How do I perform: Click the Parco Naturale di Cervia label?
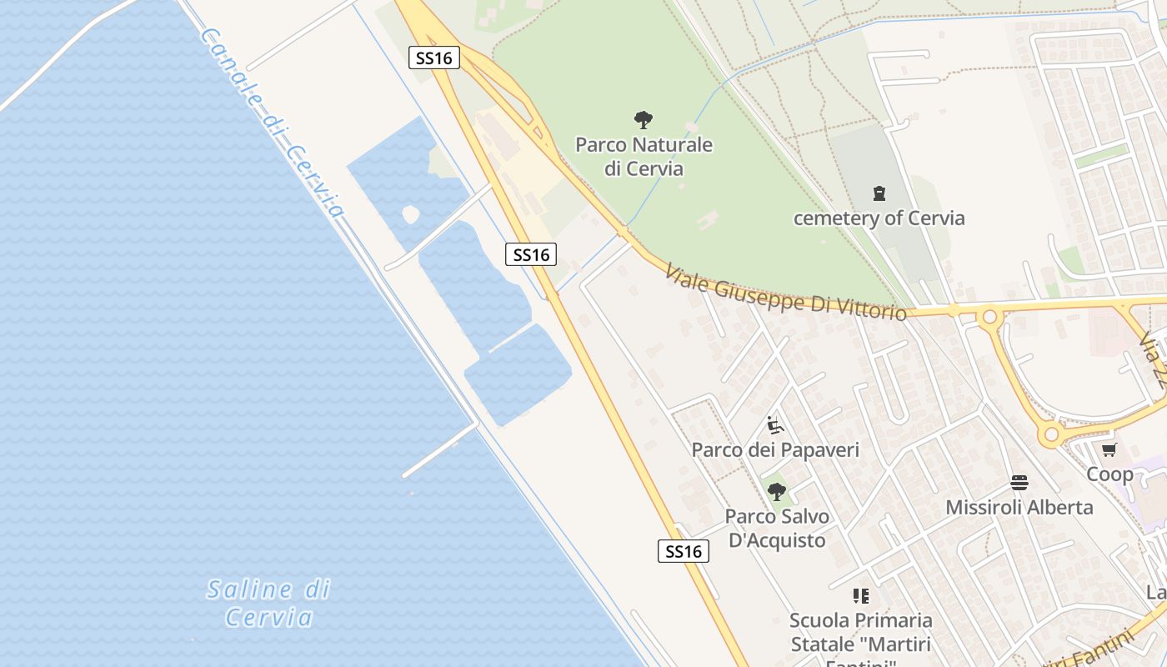tap(644, 157)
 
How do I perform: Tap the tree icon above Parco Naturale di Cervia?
tap(644, 119)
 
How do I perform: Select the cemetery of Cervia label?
tap(879, 218)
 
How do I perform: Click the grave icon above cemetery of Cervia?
tap(879, 193)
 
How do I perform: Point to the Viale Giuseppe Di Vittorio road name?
tap(785, 293)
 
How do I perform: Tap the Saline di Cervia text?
tap(268, 603)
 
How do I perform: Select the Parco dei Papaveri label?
tap(775, 450)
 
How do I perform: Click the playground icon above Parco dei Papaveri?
tap(775, 425)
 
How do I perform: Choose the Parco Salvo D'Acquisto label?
tap(777, 529)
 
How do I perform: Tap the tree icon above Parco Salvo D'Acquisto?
tap(777, 492)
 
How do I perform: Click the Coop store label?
tap(1109, 474)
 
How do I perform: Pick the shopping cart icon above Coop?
tap(1109, 450)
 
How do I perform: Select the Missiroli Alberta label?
tap(1019, 507)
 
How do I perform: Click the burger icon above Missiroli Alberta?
tap(1019, 482)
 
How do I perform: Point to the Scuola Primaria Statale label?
tap(860, 632)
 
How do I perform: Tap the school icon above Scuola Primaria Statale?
tap(860, 596)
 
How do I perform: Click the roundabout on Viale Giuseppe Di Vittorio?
tap(990, 317)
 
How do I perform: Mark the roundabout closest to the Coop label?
tap(1052, 434)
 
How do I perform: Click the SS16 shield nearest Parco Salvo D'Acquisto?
tap(684, 551)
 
